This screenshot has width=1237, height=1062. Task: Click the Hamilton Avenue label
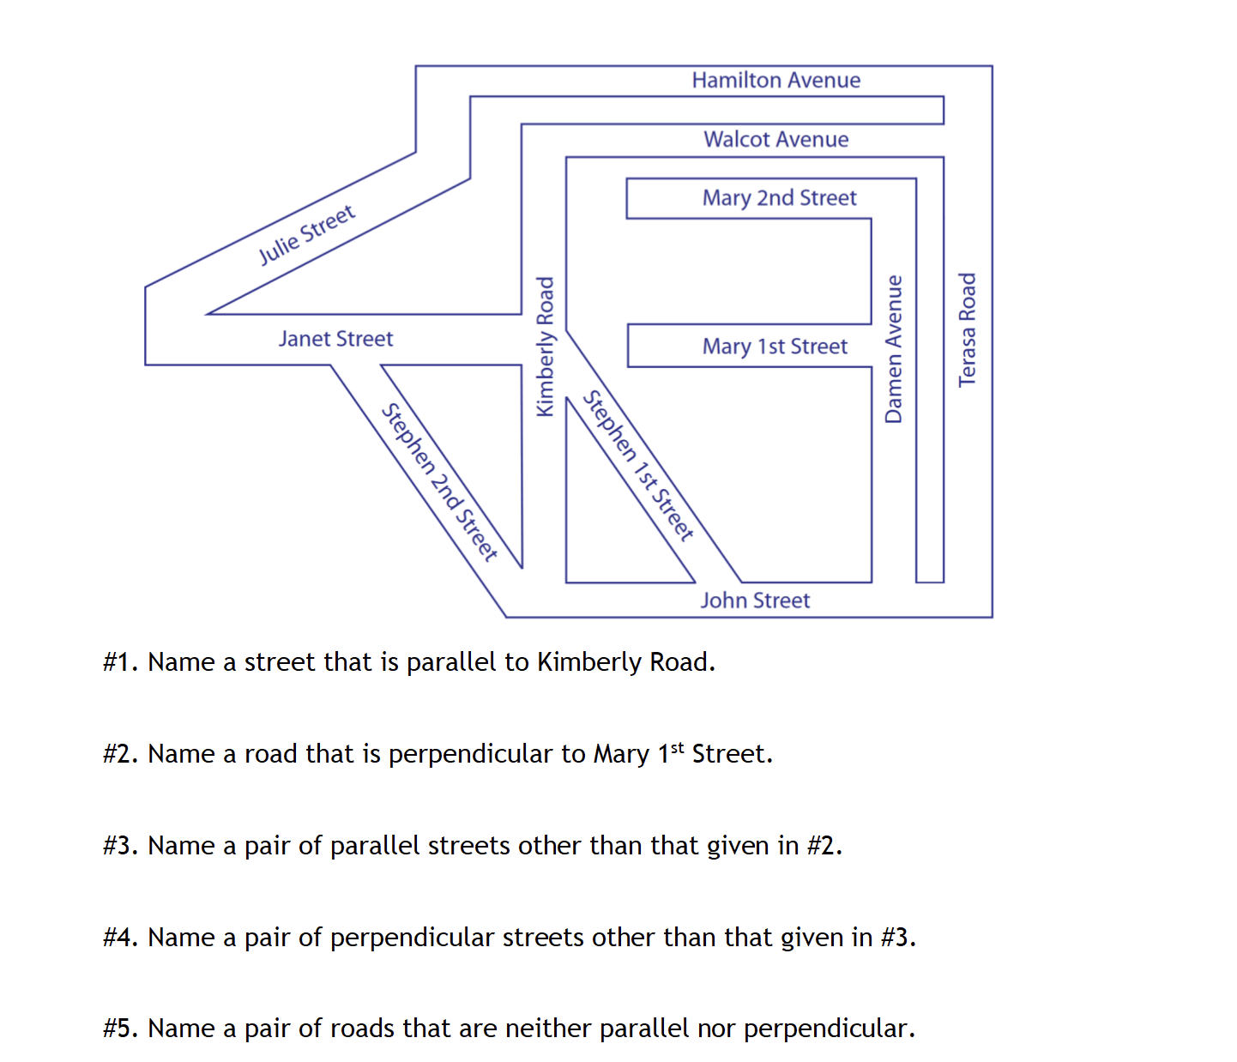tap(775, 81)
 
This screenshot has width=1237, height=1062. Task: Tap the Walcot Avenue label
tap(775, 140)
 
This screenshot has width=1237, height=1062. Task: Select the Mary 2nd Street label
tap(779, 198)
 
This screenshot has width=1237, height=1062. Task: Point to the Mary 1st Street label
tap(774, 347)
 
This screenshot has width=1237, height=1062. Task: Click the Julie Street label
tap(306, 234)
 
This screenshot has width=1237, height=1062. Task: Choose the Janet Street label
tap(335, 339)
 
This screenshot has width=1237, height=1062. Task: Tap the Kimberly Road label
tap(545, 347)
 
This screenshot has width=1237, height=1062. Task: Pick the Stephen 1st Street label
tap(638, 466)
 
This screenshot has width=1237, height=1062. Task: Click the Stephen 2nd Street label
tap(439, 482)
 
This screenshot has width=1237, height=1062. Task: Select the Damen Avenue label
tap(894, 348)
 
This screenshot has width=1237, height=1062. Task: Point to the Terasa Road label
tap(967, 329)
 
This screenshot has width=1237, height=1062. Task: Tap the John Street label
tap(755, 600)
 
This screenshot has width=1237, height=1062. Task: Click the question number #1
tap(120, 662)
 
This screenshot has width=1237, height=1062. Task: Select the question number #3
tap(120, 846)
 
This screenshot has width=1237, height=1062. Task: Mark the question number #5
tap(120, 1029)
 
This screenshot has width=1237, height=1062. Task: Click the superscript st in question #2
tap(677, 747)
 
